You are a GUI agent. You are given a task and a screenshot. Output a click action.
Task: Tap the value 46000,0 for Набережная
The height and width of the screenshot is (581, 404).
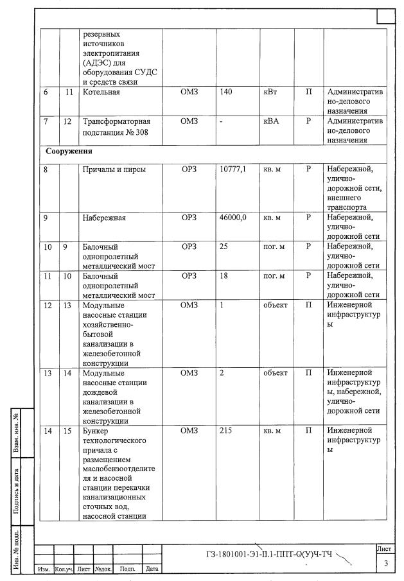233,218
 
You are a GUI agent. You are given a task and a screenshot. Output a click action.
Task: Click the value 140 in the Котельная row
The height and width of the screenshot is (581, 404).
226,92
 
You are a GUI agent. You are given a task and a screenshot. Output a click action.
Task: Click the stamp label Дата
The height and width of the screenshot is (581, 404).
152,569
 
